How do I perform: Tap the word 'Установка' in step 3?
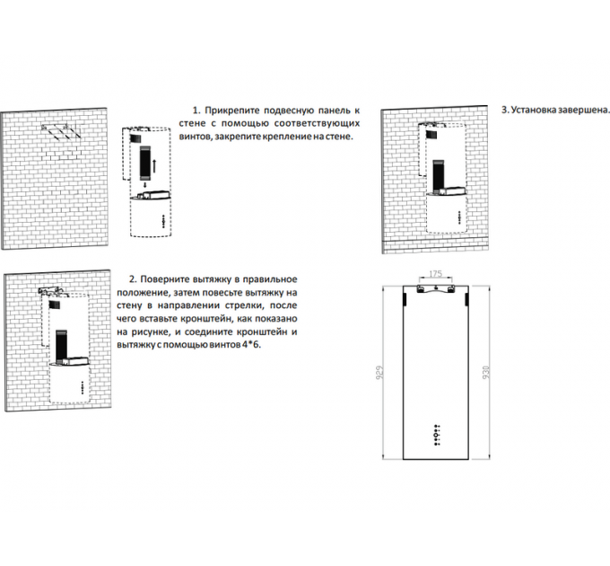point(530,110)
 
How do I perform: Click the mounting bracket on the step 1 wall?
point(62,131)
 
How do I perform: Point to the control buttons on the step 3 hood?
point(457,215)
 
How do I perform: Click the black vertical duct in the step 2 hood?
point(60,341)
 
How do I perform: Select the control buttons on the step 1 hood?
point(161,220)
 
